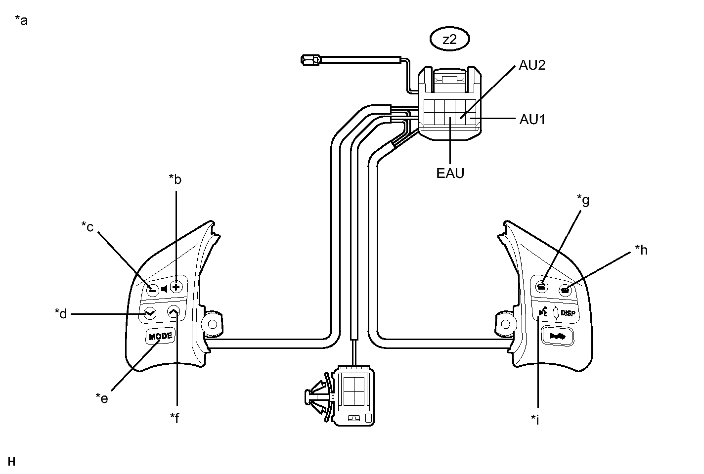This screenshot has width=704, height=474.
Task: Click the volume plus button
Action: [176, 286]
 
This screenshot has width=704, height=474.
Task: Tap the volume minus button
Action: [152, 290]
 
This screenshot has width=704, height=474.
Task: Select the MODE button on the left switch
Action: [161, 336]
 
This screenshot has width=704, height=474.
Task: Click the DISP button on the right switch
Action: [568, 313]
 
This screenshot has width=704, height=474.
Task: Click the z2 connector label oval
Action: [449, 40]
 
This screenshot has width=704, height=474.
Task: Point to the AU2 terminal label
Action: [532, 65]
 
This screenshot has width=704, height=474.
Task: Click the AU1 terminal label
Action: [532, 119]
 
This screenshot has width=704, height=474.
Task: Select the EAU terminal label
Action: [450, 173]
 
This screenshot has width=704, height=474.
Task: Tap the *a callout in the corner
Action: [21, 20]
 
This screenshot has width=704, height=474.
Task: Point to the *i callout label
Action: [535, 420]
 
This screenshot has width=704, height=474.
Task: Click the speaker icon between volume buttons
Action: [164, 289]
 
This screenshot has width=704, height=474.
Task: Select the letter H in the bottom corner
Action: [12, 462]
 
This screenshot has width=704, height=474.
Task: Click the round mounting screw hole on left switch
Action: [212, 324]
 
